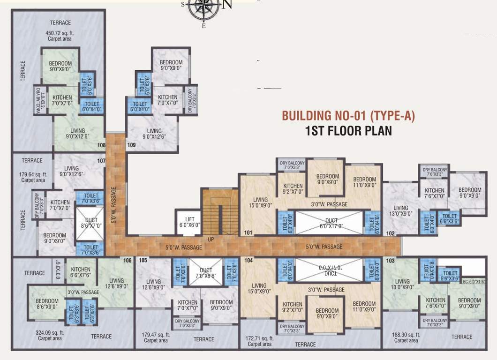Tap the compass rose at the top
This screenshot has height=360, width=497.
pyautogui.click(x=203, y=8)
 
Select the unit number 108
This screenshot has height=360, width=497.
pyautogui.click(x=101, y=145)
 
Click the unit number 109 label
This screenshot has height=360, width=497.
pyautogui.click(x=131, y=145)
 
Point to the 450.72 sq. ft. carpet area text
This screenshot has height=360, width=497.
pyautogui.click(x=60, y=36)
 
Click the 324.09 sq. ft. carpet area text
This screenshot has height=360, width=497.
pyautogui.click(x=50, y=335)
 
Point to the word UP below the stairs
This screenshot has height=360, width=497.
pyautogui.click(x=211, y=240)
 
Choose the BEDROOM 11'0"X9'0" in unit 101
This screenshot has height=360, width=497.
pyautogui.click(x=364, y=182)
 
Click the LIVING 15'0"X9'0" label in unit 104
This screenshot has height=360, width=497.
pyautogui.click(x=259, y=288)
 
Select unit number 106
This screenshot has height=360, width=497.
pyautogui.click(x=127, y=261)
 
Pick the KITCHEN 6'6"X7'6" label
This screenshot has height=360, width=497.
pyautogui.click(x=81, y=272)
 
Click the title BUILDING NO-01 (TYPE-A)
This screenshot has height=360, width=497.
pyautogui.click(x=348, y=116)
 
